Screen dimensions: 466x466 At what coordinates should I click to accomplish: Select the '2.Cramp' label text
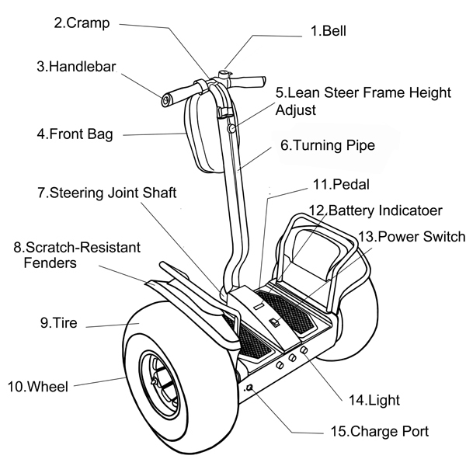click(81, 23)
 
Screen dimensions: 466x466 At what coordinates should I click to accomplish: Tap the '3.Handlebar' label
click(76, 67)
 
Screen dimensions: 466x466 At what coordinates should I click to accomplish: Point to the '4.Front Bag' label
click(75, 134)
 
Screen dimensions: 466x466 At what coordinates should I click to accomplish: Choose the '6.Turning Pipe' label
click(328, 145)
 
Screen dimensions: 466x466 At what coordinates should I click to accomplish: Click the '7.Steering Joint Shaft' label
click(106, 192)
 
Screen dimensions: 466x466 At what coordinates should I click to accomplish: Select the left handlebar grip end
click(167, 99)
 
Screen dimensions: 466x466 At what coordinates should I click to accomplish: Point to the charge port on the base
click(250, 388)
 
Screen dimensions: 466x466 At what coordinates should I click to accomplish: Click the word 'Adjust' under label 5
click(295, 109)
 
